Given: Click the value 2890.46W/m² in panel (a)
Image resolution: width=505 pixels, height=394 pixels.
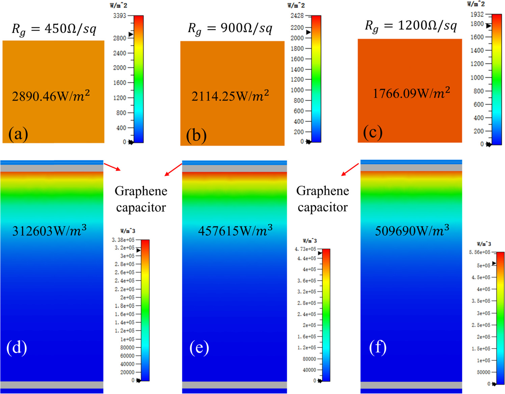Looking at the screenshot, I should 51,96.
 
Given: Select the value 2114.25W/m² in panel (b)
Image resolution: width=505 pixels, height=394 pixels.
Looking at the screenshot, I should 230,96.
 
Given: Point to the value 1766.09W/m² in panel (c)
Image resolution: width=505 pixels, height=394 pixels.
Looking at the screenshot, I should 411,93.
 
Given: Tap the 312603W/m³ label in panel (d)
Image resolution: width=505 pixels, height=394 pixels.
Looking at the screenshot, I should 49,231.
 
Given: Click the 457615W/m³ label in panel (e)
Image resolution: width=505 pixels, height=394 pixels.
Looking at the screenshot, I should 235,231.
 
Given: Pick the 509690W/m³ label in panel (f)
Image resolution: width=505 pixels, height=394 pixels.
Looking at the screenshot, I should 412,231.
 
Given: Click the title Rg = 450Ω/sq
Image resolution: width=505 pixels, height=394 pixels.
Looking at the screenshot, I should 54,29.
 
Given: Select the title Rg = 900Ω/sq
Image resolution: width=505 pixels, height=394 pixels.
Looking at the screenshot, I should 230,28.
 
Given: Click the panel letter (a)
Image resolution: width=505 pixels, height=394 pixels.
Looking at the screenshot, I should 18,134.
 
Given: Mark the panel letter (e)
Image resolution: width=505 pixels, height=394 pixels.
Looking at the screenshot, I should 199,347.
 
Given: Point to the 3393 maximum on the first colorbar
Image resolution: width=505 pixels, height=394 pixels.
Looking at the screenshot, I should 119,16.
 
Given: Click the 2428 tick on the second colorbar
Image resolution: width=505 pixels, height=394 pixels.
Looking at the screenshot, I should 297,16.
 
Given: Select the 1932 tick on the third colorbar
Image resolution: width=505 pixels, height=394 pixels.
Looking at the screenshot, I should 477,14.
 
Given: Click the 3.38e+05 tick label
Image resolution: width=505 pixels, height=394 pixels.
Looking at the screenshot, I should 123,240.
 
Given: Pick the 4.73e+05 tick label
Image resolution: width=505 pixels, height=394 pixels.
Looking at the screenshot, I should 305,249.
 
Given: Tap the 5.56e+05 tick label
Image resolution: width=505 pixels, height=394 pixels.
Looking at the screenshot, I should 479,252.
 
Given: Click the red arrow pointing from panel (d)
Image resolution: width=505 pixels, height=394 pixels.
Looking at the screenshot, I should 112,167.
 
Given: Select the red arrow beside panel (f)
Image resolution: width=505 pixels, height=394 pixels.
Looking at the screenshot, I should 350,169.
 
